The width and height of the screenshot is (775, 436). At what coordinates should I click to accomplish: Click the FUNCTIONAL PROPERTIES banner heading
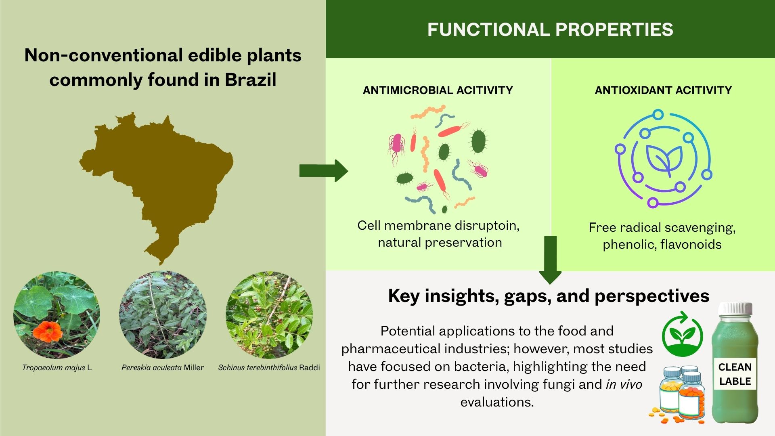click(550, 29)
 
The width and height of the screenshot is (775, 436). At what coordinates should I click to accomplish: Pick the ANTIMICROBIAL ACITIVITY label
click(438, 90)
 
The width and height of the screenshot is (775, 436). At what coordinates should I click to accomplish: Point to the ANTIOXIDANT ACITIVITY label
click(663, 90)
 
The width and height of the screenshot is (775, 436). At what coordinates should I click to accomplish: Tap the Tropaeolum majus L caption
click(57, 367)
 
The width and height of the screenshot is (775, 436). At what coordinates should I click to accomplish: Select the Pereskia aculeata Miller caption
click(163, 367)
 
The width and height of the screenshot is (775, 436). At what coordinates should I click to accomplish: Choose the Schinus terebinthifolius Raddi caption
click(269, 367)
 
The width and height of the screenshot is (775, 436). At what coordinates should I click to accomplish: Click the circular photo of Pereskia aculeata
click(163, 315)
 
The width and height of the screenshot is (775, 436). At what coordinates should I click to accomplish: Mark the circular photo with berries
click(269, 315)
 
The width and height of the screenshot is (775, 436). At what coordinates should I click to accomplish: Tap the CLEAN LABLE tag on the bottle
click(735, 374)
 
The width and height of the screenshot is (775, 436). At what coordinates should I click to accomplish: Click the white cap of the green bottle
click(735, 309)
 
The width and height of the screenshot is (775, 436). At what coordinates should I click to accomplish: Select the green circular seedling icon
click(682, 334)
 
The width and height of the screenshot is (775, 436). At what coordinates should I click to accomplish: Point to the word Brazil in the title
click(251, 80)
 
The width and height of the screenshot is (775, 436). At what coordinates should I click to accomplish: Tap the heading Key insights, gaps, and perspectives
click(549, 296)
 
